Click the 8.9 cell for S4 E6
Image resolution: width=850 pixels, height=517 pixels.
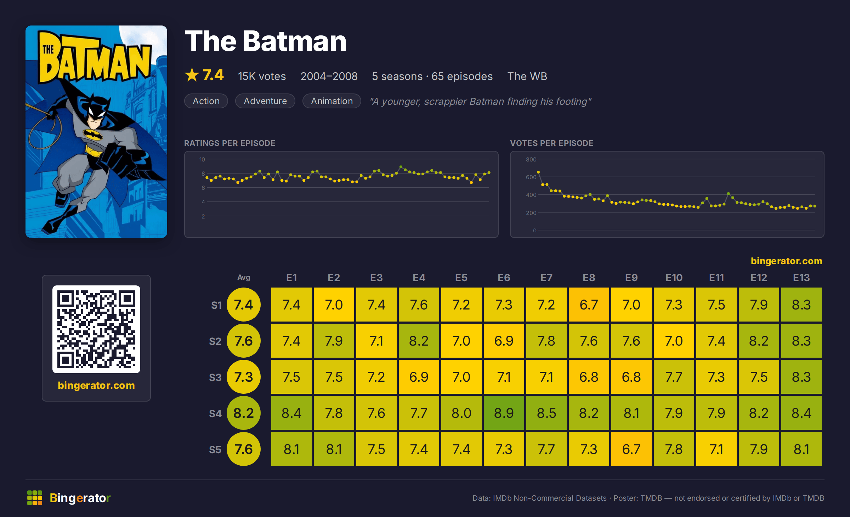[504, 413]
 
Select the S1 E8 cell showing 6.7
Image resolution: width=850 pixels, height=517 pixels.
[589, 305]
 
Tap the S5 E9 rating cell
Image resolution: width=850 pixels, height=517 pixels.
[631, 449]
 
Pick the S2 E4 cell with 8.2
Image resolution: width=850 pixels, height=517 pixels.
[419, 341]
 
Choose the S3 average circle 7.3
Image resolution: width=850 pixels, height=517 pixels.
[244, 377]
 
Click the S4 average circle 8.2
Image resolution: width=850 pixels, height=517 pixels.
[244, 413]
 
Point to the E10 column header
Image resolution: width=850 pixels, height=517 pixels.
[674, 278]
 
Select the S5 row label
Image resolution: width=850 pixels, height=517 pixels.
[215, 450]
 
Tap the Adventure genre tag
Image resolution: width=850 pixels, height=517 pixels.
[265, 101]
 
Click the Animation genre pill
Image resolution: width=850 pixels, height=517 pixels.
[332, 101]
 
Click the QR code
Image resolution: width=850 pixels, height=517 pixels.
[96, 329]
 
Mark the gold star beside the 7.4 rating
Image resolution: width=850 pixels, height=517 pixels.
[192, 75]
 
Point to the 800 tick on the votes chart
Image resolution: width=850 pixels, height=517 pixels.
[531, 159]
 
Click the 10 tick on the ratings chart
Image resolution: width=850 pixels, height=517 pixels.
[202, 159]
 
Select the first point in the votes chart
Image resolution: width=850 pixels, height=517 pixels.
[538, 172]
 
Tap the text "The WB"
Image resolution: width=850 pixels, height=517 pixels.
[527, 76]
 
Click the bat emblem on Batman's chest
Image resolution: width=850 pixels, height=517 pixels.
[93, 135]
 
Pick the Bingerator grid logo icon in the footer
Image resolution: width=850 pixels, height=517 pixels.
[35, 498]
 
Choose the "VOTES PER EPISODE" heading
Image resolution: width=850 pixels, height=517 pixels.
[551, 143]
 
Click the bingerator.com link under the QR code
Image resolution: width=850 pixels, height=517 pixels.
[96, 385]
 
